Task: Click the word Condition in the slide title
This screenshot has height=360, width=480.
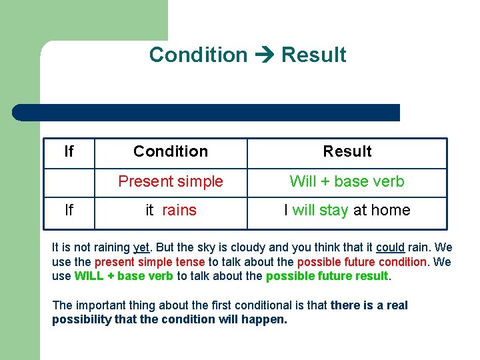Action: (198, 55)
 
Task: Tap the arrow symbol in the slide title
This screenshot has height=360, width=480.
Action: (264, 55)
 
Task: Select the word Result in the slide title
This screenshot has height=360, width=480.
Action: (313, 55)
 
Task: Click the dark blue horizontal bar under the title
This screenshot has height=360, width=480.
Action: (206, 113)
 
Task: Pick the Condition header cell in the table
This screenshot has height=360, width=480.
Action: (171, 152)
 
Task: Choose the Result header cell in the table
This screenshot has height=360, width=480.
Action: (347, 152)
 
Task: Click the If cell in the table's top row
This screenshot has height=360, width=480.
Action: (69, 152)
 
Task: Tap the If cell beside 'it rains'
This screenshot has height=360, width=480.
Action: (69, 211)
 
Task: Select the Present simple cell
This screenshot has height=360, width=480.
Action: (171, 181)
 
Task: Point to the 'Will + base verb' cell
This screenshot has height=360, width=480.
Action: (347, 181)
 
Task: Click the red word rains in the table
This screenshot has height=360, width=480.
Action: (179, 211)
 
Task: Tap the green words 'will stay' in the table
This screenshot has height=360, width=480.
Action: (320, 211)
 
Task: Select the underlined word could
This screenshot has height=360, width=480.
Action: (390, 247)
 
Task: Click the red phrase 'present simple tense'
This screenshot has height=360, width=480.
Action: (149, 262)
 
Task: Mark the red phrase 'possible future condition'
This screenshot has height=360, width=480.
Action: (361, 262)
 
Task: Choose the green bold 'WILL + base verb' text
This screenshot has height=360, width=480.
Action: (124, 276)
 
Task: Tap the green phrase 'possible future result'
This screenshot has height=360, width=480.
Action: (327, 276)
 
